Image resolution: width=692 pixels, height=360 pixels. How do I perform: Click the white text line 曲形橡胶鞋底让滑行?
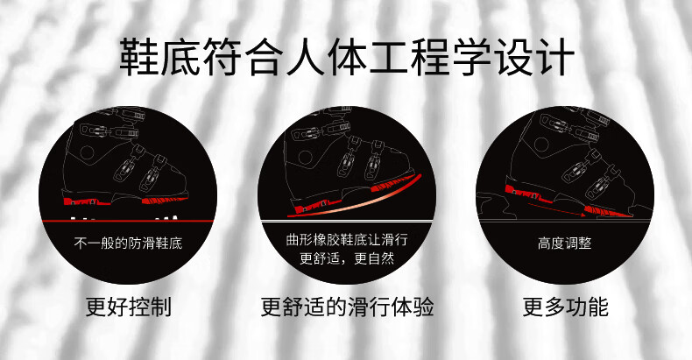pos(347,239)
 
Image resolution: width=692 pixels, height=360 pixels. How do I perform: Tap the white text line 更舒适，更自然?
pos(347,258)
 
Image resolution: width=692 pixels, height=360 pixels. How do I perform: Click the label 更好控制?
pos(128,307)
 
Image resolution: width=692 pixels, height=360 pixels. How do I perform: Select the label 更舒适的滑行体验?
pos(347,307)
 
